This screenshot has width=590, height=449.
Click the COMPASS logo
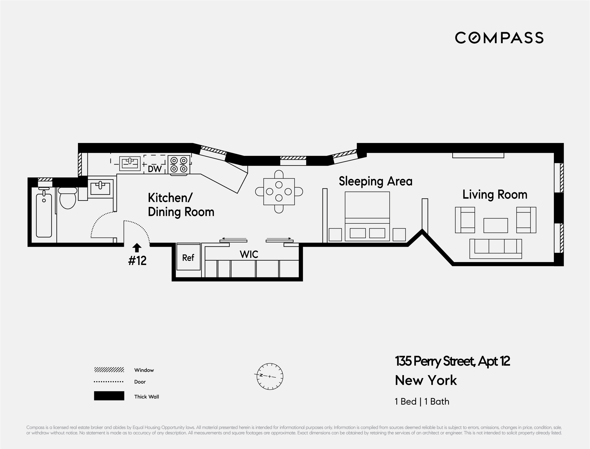(x=499, y=38)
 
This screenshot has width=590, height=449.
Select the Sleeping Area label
(x=375, y=181)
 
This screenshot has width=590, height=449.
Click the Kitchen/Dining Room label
(x=181, y=205)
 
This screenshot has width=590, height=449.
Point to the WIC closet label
(x=249, y=254)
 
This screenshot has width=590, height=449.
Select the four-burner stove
(x=179, y=165)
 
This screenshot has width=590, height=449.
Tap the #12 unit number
(x=137, y=261)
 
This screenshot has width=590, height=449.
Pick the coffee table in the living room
(x=496, y=225)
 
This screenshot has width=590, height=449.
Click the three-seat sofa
(x=496, y=249)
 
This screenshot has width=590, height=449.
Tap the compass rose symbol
(x=270, y=376)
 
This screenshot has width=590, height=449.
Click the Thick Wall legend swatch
(x=109, y=396)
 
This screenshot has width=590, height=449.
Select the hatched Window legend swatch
(x=109, y=370)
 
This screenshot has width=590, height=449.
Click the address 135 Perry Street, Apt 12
(x=453, y=361)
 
